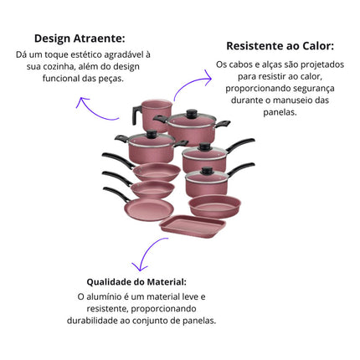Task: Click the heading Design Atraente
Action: coord(80,39)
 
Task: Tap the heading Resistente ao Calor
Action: coord(280,46)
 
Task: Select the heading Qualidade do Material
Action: coord(136,282)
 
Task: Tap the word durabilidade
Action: coord(92,321)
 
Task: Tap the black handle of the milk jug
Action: coord(137,115)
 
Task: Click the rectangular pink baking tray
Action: coord(193,226)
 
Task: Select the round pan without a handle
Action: coord(214,206)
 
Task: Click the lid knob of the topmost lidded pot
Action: coord(192,114)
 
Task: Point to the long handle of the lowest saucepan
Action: coord(240,169)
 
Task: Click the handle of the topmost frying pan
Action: coord(118,160)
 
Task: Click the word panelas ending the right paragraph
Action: coord(280,112)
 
